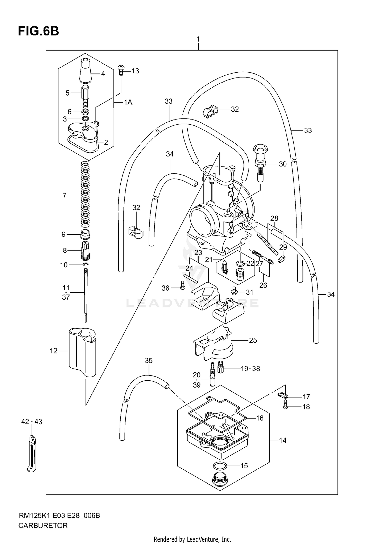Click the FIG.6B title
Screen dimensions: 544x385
pyautogui.click(x=38, y=31)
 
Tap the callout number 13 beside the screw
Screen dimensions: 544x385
pyautogui.click(x=135, y=71)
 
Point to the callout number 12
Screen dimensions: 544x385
pyautogui.click(x=53, y=351)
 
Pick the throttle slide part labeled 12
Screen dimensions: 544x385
pyautogui.click(x=82, y=352)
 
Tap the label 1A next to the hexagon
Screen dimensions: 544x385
pyautogui.click(x=128, y=103)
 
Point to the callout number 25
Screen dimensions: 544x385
pyautogui.click(x=253, y=340)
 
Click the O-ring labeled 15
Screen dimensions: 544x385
pyautogui.click(x=220, y=465)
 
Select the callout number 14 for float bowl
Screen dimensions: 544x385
pyautogui.click(x=282, y=440)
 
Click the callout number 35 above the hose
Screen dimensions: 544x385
pyautogui.click(x=149, y=361)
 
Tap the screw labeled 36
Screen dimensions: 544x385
pyautogui.click(x=182, y=285)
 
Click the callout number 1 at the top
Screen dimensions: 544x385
pyautogui.click(x=198, y=39)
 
